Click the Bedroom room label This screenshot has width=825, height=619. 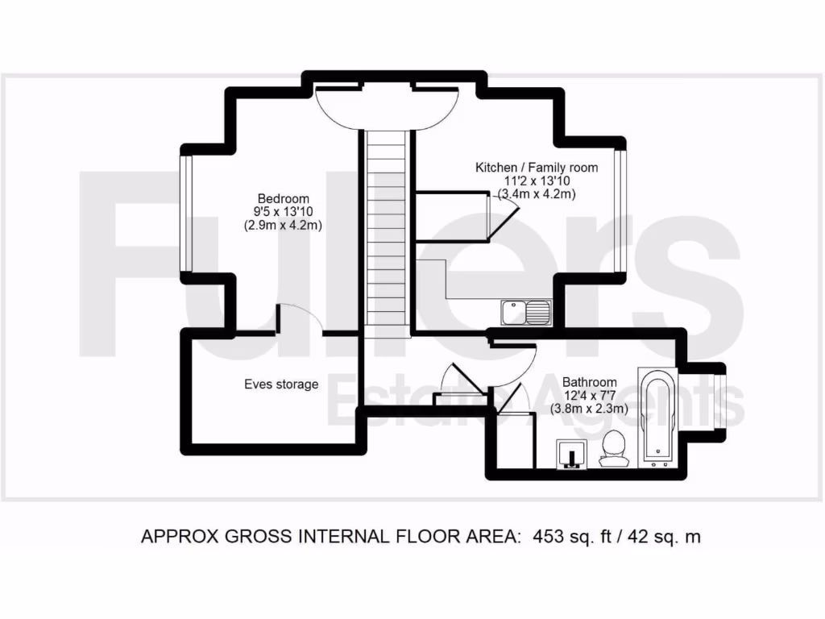tap(283, 199)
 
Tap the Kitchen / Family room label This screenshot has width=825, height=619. tap(537, 168)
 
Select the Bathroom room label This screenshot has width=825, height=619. tap(590, 382)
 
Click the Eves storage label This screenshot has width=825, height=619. tap(281, 384)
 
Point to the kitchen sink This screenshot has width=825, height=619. tap(525, 311)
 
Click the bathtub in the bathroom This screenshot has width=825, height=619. tap(658, 418)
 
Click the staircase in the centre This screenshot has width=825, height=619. tap(385, 226)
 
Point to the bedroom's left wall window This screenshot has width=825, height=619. tap(184, 213)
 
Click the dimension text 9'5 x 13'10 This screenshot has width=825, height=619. tap(283, 213)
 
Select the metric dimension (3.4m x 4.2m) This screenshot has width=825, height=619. tap(537, 193)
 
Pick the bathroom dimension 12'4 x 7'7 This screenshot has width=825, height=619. tap(590, 396)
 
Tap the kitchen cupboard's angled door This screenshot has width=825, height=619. tap(505, 218)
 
